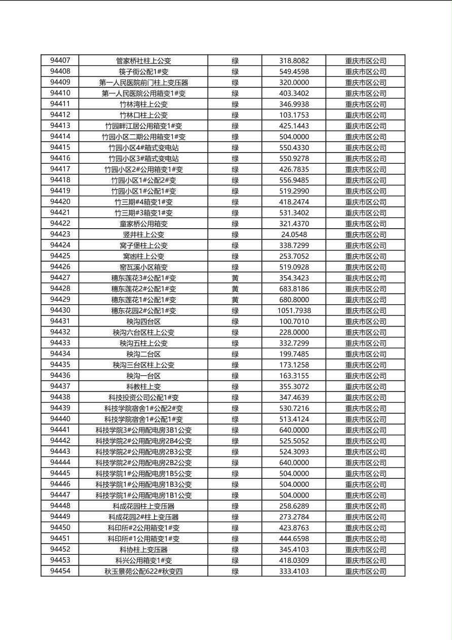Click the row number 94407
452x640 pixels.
coord(60,61)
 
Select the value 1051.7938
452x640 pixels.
coord(294,310)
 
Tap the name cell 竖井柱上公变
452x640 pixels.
coord(143,234)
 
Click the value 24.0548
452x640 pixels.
coord(294,234)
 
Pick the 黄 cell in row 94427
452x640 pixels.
coord(235,278)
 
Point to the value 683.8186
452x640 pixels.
coord(294,289)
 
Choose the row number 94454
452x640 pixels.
coord(60,571)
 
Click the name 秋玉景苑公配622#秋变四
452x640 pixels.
coord(143,572)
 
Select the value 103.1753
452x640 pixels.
coord(294,115)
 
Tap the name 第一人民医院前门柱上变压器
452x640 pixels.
coord(143,83)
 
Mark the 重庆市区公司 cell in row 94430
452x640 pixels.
coord(365,310)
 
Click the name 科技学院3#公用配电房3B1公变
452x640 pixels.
coord(143,430)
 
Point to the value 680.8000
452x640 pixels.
coord(294,300)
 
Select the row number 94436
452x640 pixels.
coord(60,376)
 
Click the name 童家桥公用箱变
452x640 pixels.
coord(143,224)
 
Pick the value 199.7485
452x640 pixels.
coord(294,354)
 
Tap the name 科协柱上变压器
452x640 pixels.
coord(143,550)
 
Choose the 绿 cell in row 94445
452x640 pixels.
coord(235,474)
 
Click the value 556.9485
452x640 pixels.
coord(294,180)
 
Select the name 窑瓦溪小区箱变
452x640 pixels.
coord(143,267)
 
